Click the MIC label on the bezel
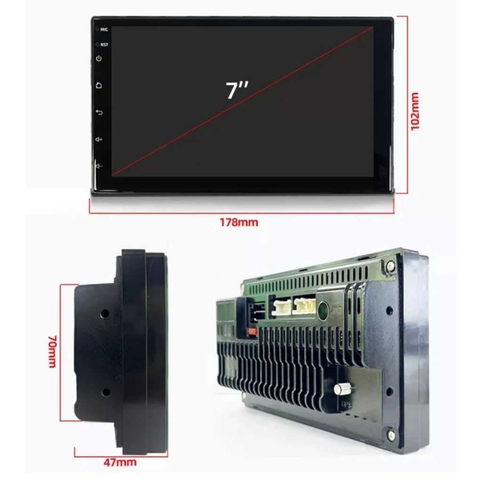104,30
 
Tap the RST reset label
104,45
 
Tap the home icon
99,85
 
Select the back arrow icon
99,112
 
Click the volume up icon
99,139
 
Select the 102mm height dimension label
415,111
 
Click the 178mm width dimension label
239,222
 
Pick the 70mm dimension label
52,351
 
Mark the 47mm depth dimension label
120,462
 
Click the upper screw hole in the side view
105,313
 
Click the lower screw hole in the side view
105,393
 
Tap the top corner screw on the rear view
390,265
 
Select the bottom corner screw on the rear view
391,435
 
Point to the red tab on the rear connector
253,332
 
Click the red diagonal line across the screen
242,102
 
